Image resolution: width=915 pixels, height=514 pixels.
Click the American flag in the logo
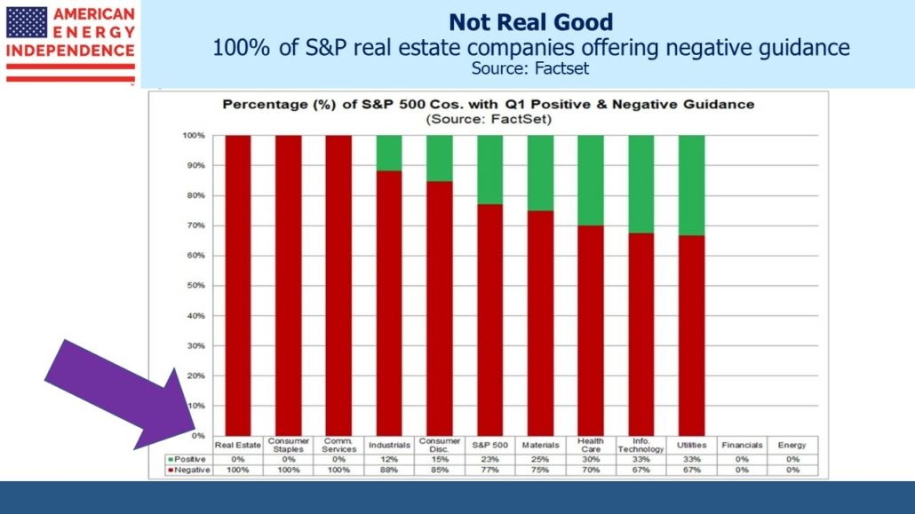27,21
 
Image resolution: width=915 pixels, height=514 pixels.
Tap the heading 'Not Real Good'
530,21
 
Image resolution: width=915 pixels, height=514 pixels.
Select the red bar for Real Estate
237,285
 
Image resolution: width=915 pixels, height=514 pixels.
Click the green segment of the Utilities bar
691,186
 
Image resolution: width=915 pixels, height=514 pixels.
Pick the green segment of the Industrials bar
389,153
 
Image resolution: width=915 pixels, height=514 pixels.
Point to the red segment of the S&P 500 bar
489,320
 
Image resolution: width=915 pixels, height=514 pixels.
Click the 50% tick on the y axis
195,285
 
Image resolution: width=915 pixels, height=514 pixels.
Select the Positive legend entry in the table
188,459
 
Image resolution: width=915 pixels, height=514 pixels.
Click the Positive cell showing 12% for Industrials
389,459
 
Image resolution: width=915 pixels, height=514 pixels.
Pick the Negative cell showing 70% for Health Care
591,470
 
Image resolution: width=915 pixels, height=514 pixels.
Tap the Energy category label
792,445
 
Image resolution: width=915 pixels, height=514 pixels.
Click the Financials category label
742,445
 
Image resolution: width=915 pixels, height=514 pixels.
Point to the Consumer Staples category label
288,445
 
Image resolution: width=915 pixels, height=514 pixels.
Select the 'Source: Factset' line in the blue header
530,67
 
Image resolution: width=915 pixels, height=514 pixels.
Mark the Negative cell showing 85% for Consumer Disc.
439,470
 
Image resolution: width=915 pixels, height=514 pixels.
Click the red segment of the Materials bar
540,324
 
